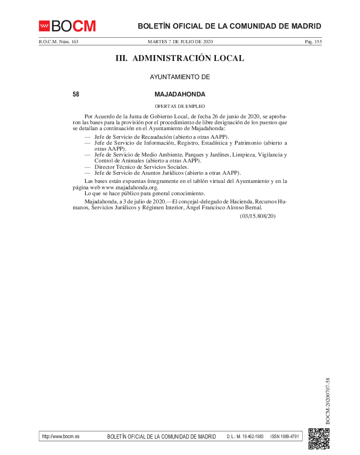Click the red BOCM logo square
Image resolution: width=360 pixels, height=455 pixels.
click(44, 26)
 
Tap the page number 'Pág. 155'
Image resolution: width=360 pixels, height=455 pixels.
click(313, 42)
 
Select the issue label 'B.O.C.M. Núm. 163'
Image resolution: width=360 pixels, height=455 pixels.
click(58, 42)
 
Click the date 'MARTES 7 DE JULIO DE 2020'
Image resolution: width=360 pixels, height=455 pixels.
click(180, 42)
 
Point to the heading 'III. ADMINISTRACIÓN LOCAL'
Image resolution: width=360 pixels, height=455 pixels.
click(180, 58)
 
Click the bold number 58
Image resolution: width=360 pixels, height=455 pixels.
click(76, 95)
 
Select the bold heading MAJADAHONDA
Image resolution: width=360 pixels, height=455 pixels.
click(180, 95)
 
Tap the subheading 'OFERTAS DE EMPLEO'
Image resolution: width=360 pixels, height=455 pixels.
click(180, 106)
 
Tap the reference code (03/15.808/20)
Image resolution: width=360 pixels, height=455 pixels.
click(258, 216)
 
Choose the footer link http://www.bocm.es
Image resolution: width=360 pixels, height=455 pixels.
click(60, 436)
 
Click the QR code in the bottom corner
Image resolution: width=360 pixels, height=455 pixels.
click(319, 439)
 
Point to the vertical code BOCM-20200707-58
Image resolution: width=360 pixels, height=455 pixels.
click(328, 400)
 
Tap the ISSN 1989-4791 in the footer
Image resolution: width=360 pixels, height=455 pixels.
click(285, 436)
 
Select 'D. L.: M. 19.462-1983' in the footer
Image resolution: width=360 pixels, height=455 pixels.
click(245, 436)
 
